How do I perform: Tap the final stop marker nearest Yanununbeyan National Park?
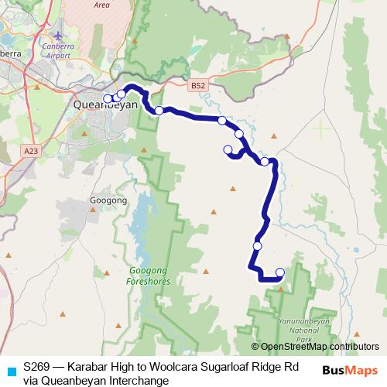[279, 272]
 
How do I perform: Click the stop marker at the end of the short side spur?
[228, 149]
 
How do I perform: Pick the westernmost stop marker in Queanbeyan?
[108, 98]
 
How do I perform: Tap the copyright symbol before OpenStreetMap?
[255, 347]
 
